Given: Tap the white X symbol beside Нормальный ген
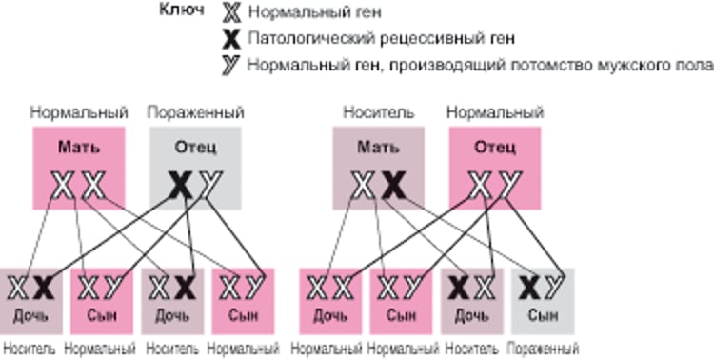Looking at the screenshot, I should click(x=230, y=13).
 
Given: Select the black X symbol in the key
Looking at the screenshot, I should click(x=230, y=39).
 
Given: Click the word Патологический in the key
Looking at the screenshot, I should click(x=294, y=39).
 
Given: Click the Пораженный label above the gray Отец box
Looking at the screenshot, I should click(x=194, y=112).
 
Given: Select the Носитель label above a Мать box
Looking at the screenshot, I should click(x=378, y=112).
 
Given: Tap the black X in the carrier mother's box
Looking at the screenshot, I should click(x=392, y=185).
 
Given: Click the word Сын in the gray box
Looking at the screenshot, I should click(x=543, y=314).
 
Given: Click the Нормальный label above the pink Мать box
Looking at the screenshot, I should click(x=79, y=112).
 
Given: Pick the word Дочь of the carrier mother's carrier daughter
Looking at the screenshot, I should click(x=472, y=314).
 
